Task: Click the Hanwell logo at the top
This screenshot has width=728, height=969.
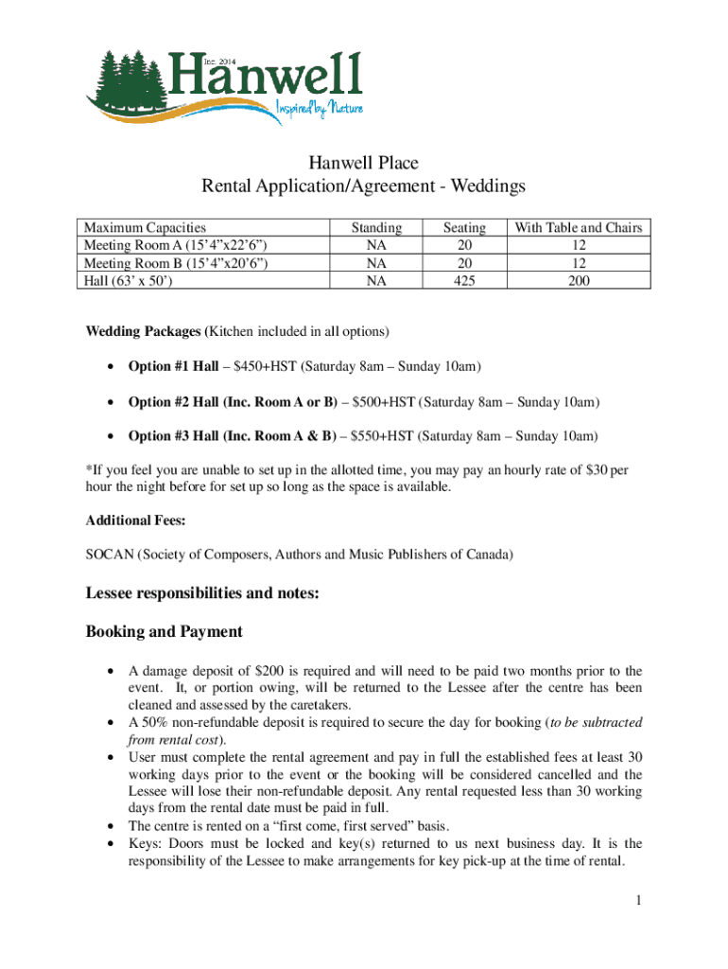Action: point(222,83)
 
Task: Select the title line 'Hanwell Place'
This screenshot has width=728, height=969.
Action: point(363,164)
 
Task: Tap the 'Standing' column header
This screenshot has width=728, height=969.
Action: point(376,228)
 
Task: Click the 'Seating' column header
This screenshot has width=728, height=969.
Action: point(464,228)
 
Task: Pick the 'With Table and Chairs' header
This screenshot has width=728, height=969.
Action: point(577,228)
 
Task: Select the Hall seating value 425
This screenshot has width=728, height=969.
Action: point(464,281)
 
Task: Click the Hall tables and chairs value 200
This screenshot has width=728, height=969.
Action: point(577,281)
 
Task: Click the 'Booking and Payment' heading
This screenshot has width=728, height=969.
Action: point(164,631)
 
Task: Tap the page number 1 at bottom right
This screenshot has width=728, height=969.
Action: point(639,900)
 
